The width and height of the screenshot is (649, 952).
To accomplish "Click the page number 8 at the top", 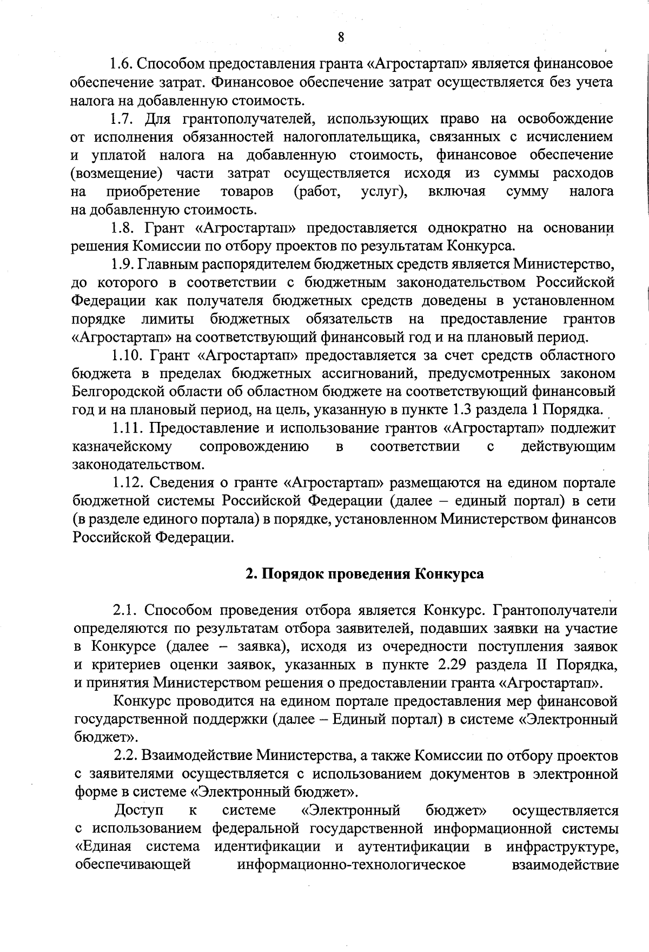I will point(341,37).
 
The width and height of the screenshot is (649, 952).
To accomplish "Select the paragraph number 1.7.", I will point(122,118).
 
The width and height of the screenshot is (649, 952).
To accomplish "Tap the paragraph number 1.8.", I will point(122,228).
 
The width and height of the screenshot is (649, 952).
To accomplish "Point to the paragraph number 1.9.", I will point(122,264).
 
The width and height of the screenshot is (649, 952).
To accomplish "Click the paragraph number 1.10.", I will point(125,355).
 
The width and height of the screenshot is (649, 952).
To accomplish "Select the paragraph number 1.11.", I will point(125,428).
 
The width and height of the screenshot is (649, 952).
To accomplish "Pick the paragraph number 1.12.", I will point(125,482).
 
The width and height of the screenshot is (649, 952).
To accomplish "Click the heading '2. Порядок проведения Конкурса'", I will point(365,573).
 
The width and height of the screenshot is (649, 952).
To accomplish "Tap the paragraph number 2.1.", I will point(124,610).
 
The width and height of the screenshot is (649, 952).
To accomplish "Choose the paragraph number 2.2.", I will point(125,756).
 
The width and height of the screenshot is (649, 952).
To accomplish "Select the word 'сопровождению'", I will point(254,447).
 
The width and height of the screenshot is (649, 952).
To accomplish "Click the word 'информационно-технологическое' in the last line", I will point(352,865).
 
